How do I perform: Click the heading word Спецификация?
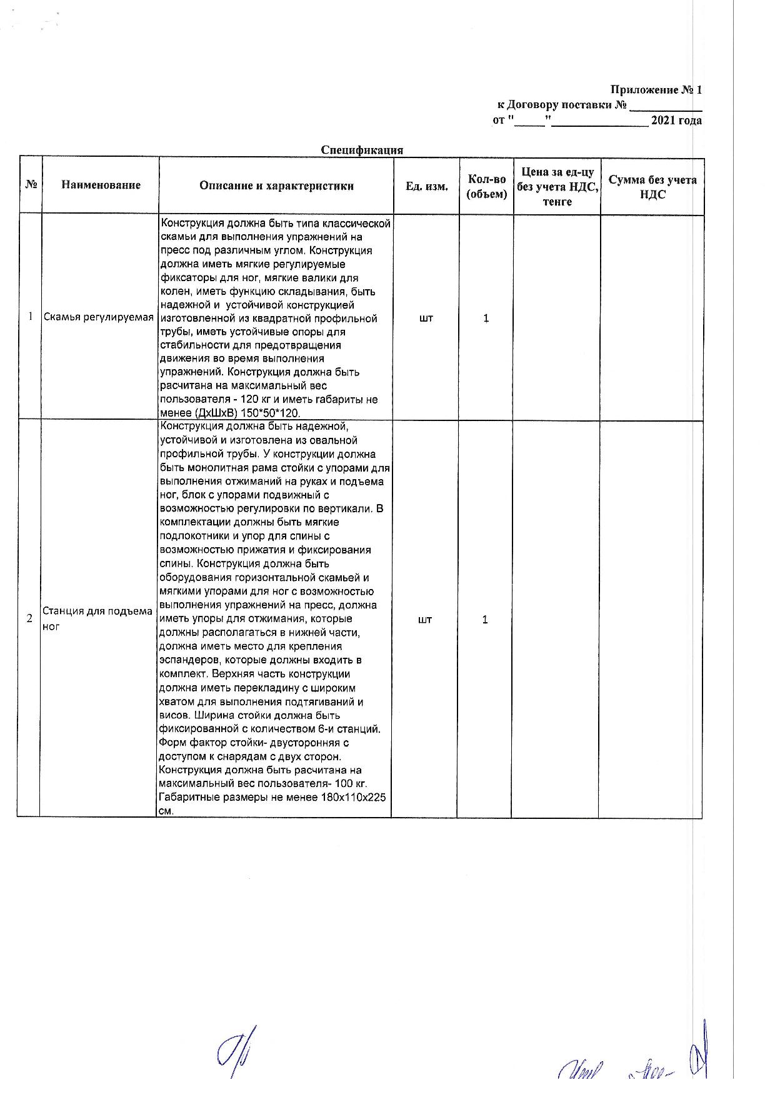(x=362, y=150)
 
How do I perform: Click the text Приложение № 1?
(x=656, y=90)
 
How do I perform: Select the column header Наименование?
(x=101, y=185)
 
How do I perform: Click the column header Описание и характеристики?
(x=276, y=186)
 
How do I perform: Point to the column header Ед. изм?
(x=426, y=186)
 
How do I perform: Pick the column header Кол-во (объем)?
(x=486, y=186)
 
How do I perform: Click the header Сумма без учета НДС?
(x=652, y=187)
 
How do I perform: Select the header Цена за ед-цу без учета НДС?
(x=557, y=186)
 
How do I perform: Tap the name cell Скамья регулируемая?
(x=98, y=317)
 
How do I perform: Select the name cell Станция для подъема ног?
(x=97, y=618)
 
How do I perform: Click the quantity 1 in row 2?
(x=485, y=620)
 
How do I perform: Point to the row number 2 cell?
(x=29, y=619)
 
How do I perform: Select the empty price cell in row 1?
(x=556, y=318)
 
